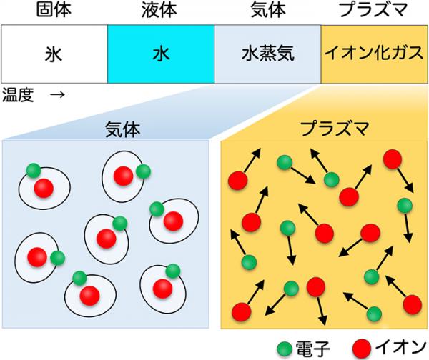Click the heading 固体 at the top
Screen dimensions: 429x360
click(x=54, y=10)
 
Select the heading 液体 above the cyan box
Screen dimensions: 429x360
click(x=159, y=10)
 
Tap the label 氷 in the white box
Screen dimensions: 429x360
click(x=54, y=54)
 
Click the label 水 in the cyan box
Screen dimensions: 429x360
click(x=161, y=54)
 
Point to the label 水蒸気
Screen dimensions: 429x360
click(x=268, y=54)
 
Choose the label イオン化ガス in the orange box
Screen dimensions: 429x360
click(x=374, y=53)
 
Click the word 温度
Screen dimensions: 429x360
click(x=18, y=95)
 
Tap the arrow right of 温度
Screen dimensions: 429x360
click(x=57, y=95)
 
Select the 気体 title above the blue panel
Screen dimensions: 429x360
click(x=123, y=129)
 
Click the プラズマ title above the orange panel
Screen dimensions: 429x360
click(x=335, y=129)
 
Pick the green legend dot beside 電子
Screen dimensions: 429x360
click(x=285, y=349)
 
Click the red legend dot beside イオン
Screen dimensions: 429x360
click(x=362, y=349)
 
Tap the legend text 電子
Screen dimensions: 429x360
click(x=312, y=349)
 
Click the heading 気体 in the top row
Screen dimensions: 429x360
click(x=268, y=10)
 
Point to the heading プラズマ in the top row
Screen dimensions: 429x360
click(x=374, y=10)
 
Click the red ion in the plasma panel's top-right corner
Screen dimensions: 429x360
click(x=393, y=159)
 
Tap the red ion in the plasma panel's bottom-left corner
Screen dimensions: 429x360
click(x=242, y=311)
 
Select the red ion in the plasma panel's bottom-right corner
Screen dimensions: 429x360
click(x=413, y=305)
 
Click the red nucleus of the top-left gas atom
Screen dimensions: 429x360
click(x=44, y=189)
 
